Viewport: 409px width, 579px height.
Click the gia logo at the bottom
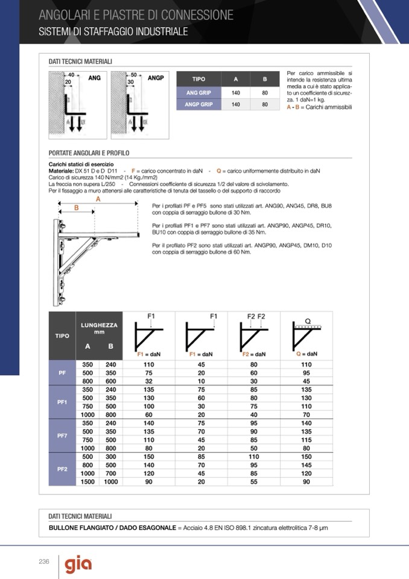[78, 565]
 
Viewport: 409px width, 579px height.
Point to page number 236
[43, 561]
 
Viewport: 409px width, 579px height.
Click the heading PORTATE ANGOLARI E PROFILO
[89, 153]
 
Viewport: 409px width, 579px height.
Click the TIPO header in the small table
[198, 79]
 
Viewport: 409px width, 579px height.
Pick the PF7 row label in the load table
[62, 436]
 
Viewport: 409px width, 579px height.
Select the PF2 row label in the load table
[62, 469]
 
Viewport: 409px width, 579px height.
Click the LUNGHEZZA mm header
[99, 328]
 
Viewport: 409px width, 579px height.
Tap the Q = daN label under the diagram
[307, 354]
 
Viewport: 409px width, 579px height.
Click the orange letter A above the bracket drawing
[98, 199]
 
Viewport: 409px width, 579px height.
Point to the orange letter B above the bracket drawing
[76, 207]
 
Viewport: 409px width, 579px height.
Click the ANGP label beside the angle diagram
[156, 78]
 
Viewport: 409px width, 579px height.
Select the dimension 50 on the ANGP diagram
[134, 74]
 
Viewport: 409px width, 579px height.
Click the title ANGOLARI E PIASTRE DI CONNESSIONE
[136, 15]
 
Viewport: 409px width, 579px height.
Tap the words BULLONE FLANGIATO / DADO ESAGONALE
[112, 528]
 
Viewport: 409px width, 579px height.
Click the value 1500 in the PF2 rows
[87, 482]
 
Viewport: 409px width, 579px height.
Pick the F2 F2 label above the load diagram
[256, 316]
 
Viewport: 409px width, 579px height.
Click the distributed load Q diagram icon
[307, 334]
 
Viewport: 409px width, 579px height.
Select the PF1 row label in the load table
[62, 402]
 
